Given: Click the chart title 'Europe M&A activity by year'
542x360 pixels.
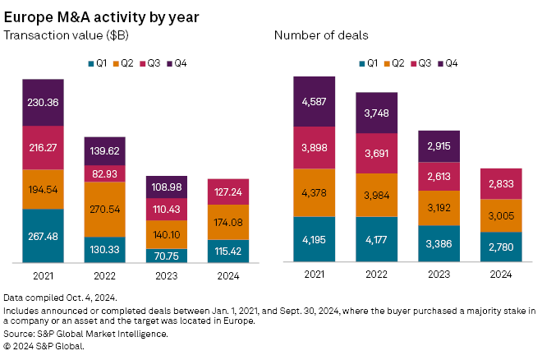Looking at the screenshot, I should click(x=100, y=16).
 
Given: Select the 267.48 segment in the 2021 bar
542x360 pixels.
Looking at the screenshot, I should click(x=44, y=236).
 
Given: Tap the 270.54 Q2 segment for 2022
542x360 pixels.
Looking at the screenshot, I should click(x=105, y=210).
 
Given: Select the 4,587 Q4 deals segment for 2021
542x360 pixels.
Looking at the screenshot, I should click(x=315, y=102).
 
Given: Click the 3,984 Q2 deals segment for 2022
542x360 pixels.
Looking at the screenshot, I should click(x=376, y=195).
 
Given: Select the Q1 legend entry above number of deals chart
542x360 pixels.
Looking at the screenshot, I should click(x=369, y=62).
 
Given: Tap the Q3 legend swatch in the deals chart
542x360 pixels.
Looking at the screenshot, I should click(x=418, y=62).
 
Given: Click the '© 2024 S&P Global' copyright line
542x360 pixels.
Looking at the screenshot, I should click(x=45, y=346).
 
